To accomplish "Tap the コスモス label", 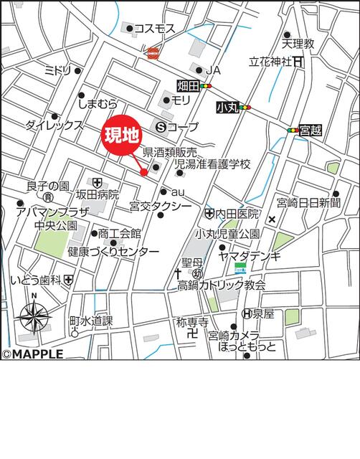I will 155,29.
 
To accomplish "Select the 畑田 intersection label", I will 187,86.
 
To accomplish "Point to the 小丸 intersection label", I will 227,108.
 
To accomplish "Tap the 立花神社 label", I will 270,62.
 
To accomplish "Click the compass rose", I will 34,314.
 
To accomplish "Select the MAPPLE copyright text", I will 33,354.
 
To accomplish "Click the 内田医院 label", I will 238,214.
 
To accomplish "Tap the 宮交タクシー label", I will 161,207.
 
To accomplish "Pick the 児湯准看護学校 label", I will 213,165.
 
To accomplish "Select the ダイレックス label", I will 54,125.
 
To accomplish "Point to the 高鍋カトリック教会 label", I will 222,285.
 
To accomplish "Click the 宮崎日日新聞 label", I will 313,204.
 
